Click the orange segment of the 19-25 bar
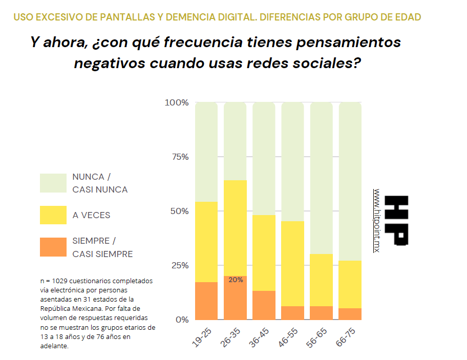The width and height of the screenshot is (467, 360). [206, 301]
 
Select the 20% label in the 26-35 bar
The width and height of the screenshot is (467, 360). [236, 280]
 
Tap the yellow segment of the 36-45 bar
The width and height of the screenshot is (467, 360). [264, 253]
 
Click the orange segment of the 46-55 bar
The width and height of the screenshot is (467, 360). [293, 313]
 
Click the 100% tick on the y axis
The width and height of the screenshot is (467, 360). [177, 102]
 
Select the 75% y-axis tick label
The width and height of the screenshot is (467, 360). [179, 157]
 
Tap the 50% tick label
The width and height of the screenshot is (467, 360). [179, 211]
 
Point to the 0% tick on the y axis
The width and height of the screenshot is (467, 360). [182, 320]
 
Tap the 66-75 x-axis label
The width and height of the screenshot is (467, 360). [347, 338]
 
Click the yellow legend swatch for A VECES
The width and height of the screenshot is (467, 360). [53, 215]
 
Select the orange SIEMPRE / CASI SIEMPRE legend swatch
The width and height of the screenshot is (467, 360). [53, 247]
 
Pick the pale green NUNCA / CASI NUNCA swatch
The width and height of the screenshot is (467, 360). [53, 183]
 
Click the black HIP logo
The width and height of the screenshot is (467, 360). [397, 220]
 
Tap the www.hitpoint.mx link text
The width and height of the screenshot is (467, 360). [377, 220]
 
